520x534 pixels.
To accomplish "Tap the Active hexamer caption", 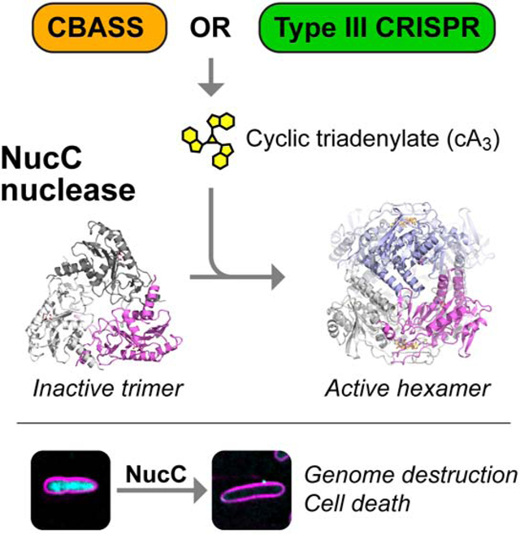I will coord(409,388).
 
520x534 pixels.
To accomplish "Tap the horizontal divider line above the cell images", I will coord(260,422).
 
